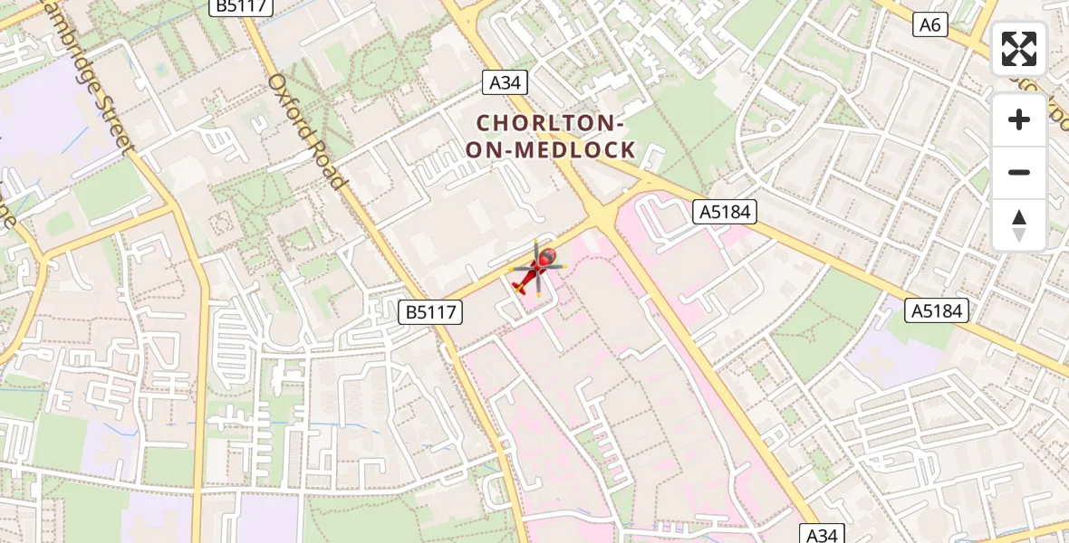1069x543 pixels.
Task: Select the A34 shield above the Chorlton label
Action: tap(505, 83)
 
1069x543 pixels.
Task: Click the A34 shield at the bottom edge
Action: tap(822, 534)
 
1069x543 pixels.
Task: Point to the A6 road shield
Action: tap(930, 25)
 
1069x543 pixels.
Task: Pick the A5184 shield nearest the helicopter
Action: tap(725, 213)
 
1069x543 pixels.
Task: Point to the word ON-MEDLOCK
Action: tap(550, 150)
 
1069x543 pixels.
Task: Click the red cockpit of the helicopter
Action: tap(546, 260)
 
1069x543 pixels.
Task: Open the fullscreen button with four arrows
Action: tap(1019, 49)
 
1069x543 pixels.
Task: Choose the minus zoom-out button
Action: tap(1019, 172)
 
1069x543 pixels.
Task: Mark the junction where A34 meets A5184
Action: tap(602, 217)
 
